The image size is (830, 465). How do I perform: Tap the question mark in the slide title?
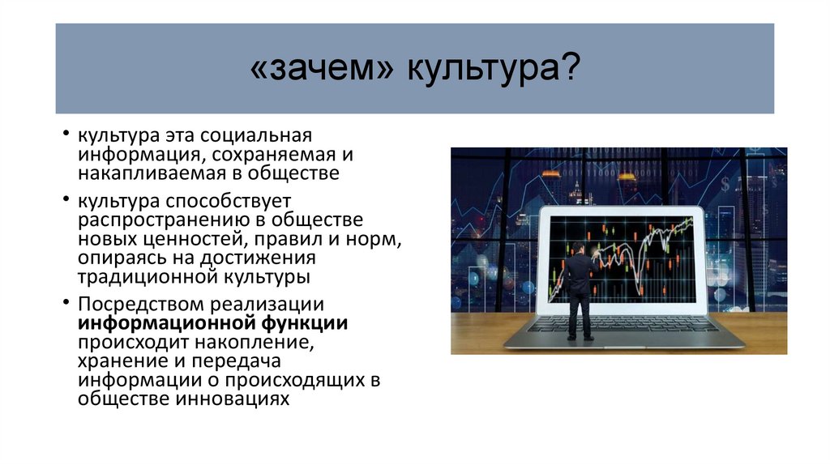point(570,69)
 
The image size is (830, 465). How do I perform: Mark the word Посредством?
point(142,305)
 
